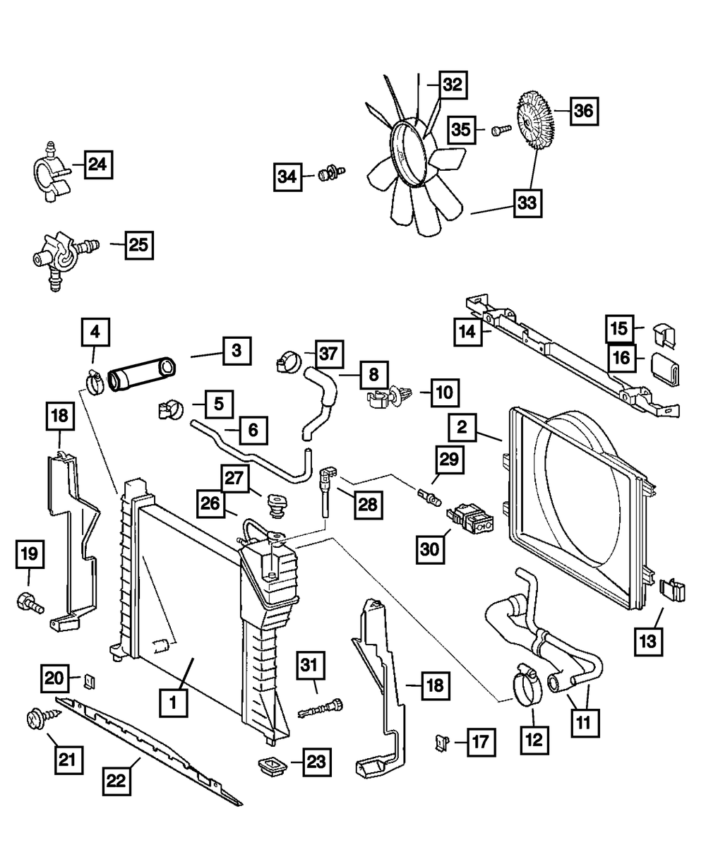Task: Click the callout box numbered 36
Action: (x=585, y=112)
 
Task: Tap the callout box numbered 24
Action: (x=99, y=165)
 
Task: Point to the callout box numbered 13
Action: (x=648, y=642)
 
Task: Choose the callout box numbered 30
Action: (x=431, y=548)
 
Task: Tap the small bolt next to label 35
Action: (x=501, y=131)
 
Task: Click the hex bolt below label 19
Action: (x=28, y=603)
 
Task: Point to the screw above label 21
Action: (x=35, y=719)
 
